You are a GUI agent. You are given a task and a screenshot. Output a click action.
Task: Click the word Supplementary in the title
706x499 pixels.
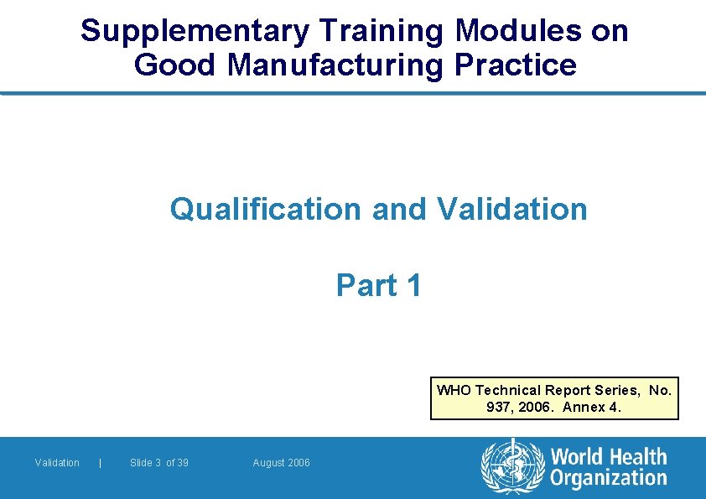point(195,32)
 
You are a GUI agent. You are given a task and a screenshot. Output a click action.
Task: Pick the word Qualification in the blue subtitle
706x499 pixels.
point(266,209)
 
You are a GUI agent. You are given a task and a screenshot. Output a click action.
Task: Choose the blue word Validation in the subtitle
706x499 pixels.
point(511,209)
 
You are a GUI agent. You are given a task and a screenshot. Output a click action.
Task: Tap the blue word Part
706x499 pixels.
point(366,286)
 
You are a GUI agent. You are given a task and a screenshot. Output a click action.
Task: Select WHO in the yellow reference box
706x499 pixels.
point(454,390)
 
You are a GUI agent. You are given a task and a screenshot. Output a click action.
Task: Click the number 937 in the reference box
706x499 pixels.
point(497,408)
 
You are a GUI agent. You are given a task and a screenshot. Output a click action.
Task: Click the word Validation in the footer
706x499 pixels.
point(57,463)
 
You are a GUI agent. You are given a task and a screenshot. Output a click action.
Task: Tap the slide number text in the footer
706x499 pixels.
point(159,463)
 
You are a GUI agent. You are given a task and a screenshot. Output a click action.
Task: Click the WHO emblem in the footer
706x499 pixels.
point(511,466)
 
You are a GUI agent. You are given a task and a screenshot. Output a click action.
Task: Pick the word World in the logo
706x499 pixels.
point(579,458)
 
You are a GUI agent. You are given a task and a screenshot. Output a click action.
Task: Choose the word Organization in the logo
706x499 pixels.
point(608,479)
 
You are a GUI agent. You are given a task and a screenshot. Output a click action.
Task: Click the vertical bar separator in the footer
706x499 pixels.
point(101,463)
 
